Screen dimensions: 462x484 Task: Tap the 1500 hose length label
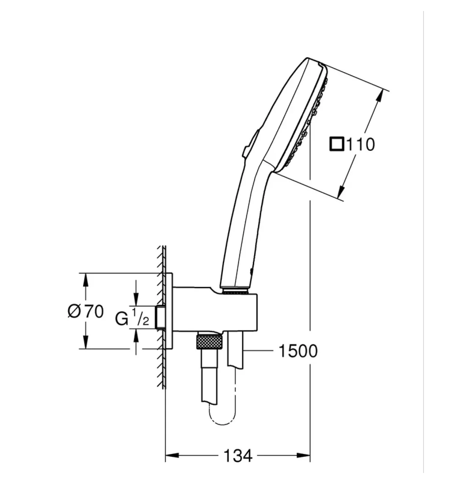tap(298, 351)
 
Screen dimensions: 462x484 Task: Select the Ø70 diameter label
tap(85, 311)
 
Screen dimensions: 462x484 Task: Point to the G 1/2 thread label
tap(132, 317)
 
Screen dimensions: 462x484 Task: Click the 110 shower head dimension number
tap(360, 144)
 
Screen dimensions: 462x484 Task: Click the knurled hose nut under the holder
tap(210, 341)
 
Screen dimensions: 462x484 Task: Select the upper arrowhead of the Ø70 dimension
tap(85, 279)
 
